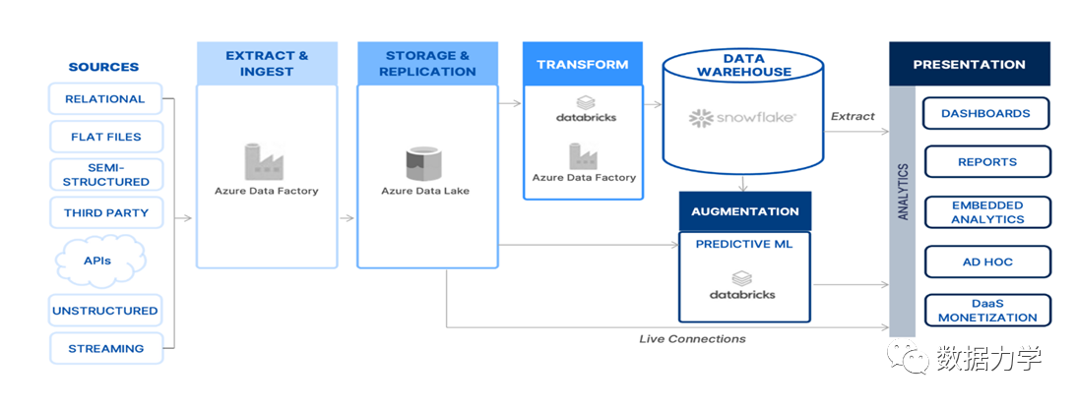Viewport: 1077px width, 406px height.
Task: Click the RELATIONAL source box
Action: click(x=105, y=98)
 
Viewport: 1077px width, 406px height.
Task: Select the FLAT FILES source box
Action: click(x=105, y=137)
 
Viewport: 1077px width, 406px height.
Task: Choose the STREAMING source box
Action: click(x=105, y=348)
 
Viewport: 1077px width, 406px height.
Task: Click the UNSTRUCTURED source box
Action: click(x=105, y=311)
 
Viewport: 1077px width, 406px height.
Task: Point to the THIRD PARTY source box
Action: click(x=105, y=212)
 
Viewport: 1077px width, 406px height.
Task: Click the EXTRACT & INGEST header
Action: click(x=267, y=63)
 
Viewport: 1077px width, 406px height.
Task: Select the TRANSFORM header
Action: click(x=583, y=64)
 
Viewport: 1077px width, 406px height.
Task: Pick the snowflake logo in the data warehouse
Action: click(x=742, y=118)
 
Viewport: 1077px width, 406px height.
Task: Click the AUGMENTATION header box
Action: click(x=745, y=211)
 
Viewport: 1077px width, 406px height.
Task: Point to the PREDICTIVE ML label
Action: click(x=744, y=244)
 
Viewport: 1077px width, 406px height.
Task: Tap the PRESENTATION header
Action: click(x=969, y=64)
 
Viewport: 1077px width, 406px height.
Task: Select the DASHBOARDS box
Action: click(x=985, y=113)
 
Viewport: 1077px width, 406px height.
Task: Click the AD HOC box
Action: click(x=987, y=261)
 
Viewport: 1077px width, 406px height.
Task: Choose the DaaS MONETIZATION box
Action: click(x=987, y=310)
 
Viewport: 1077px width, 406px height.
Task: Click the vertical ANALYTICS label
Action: click(x=903, y=192)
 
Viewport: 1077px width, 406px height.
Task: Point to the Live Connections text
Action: click(x=692, y=339)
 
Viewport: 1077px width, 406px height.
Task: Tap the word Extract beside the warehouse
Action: click(x=854, y=116)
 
